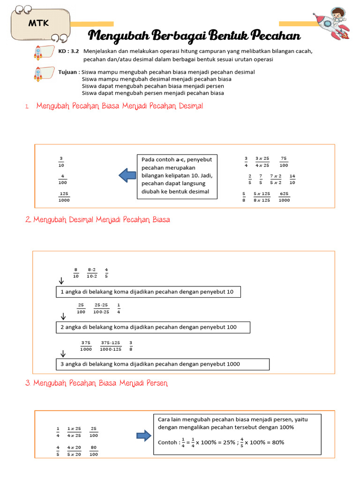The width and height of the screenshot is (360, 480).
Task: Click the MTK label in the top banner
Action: (41, 23)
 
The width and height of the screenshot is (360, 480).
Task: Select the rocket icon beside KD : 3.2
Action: (39, 53)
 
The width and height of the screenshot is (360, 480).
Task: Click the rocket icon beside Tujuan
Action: (39, 74)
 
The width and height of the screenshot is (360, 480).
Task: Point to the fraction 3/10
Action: (61, 162)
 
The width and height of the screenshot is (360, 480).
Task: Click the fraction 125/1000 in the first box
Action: (64, 197)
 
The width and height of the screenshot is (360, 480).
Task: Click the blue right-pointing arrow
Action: (143, 436)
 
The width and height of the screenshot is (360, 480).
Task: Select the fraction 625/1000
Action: (284, 197)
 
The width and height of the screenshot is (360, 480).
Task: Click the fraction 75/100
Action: (284, 162)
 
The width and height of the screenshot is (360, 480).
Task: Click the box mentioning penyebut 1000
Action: (162, 364)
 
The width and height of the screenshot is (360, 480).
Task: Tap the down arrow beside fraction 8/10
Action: (61, 281)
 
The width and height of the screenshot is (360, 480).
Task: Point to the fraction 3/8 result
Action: (131, 345)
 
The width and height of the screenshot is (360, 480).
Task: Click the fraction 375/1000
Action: (86, 345)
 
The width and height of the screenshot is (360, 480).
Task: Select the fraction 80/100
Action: (94, 450)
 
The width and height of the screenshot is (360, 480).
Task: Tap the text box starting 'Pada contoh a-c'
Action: (177, 176)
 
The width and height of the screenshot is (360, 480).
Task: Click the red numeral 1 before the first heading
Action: (27, 107)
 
